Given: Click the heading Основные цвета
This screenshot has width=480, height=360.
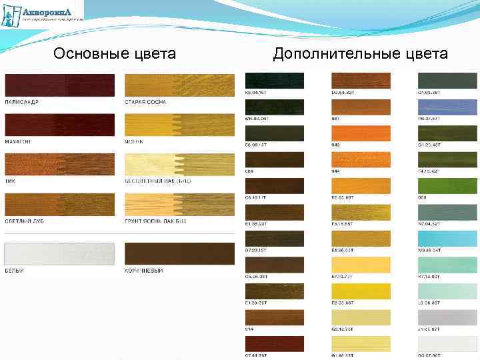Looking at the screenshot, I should [x=115, y=53].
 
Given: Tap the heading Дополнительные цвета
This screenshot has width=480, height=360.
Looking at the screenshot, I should [x=360, y=53].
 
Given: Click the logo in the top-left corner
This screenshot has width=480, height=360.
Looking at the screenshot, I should [x=43, y=13].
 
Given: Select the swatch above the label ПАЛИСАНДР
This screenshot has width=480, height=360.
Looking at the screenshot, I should [x=60, y=85].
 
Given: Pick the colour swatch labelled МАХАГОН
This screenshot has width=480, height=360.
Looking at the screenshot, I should [x=60, y=125].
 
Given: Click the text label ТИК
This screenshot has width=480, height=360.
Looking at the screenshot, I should [x=10, y=181].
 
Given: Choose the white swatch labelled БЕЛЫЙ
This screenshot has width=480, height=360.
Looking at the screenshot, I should [x=60, y=254].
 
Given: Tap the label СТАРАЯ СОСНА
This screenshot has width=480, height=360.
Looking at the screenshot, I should [x=145, y=102].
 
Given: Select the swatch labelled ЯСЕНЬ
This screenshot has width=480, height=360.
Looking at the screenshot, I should [x=179, y=125].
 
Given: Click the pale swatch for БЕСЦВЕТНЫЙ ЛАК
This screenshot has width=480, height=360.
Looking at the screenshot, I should [x=179, y=164].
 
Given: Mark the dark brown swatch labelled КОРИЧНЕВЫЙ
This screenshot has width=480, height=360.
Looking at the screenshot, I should [x=179, y=254].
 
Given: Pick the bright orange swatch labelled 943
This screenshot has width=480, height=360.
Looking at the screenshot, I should [x=361, y=133].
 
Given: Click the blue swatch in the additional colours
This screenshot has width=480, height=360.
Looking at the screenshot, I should [x=447, y=107].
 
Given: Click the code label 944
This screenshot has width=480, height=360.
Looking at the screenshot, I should [x=335, y=171].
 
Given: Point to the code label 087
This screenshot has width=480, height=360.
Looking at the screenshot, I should [x=335, y=119].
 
